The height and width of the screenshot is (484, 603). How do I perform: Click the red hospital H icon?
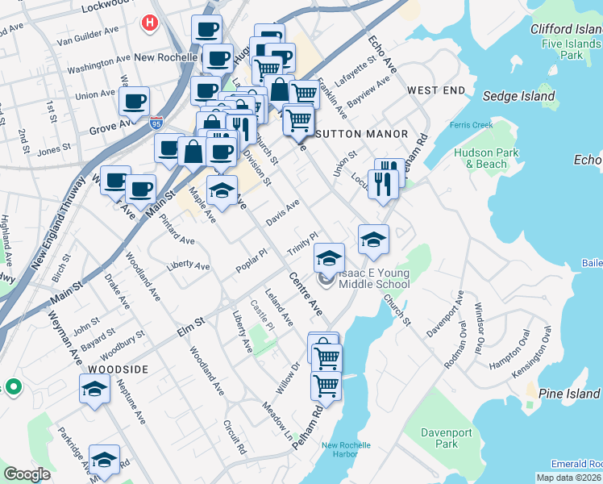(149, 24)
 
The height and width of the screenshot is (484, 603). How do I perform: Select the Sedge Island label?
(518, 97)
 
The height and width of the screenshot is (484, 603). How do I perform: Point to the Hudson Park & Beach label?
(480, 157)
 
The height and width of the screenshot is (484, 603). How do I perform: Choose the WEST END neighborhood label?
(436, 90)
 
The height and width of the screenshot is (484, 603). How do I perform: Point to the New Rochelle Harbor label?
(346, 449)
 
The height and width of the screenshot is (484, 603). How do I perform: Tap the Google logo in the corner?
(27, 474)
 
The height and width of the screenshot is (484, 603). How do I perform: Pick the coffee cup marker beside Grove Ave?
(134, 102)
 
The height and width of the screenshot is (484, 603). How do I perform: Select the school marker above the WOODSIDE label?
(94, 389)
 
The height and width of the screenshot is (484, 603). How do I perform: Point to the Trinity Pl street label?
(304, 241)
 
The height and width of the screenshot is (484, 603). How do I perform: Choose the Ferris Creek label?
(493, 124)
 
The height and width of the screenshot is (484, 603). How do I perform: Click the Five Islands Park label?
(572, 49)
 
